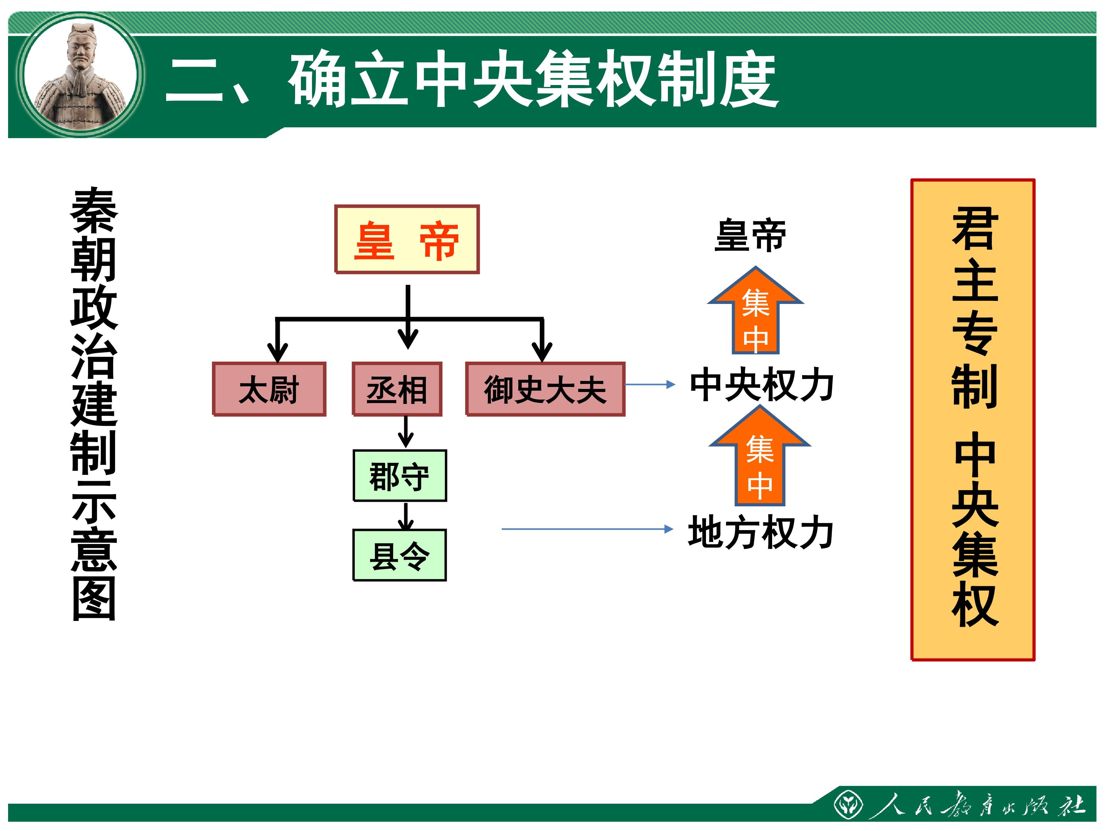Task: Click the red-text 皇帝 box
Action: click(407, 239)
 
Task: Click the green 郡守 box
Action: click(399, 476)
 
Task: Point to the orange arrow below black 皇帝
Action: click(755, 312)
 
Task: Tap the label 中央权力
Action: click(761, 385)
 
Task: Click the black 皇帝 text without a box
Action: click(750, 235)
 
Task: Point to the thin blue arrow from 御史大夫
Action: click(650, 385)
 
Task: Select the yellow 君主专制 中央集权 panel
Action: click(973, 419)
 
